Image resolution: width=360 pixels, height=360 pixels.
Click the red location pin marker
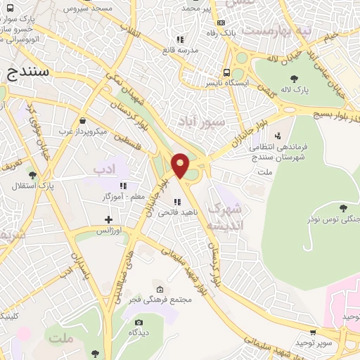click(181, 165)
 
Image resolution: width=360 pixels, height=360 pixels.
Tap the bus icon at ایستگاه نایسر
click(226, 72)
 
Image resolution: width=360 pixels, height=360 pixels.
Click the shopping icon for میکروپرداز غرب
click(84, 120)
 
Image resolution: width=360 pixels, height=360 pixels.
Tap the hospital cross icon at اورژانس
click(108, 220)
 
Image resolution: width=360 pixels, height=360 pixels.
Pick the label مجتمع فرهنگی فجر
click(160, 300)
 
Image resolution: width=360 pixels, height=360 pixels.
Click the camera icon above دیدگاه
click(139, 323)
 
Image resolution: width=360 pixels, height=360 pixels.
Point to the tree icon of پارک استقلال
click(32, 174)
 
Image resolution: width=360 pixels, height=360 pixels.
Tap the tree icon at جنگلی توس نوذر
click(342, 208)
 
